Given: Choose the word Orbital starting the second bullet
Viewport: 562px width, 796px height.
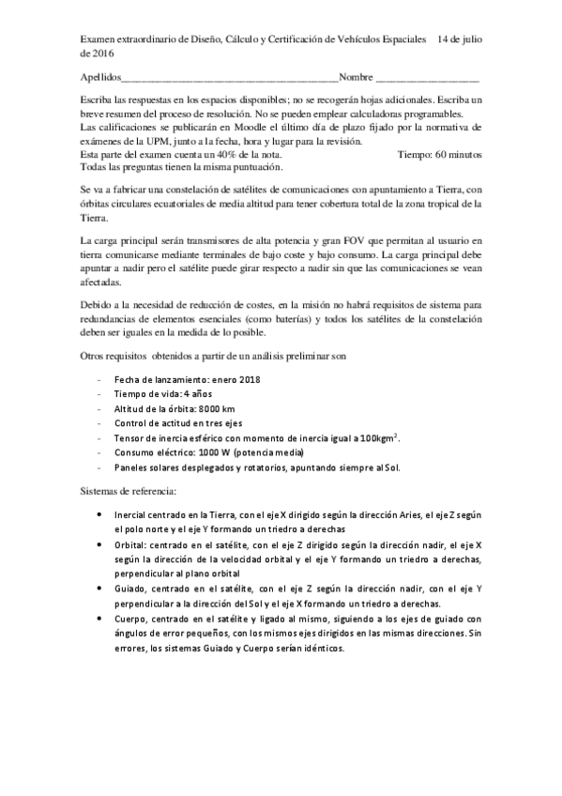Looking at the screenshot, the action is (129, 545).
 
